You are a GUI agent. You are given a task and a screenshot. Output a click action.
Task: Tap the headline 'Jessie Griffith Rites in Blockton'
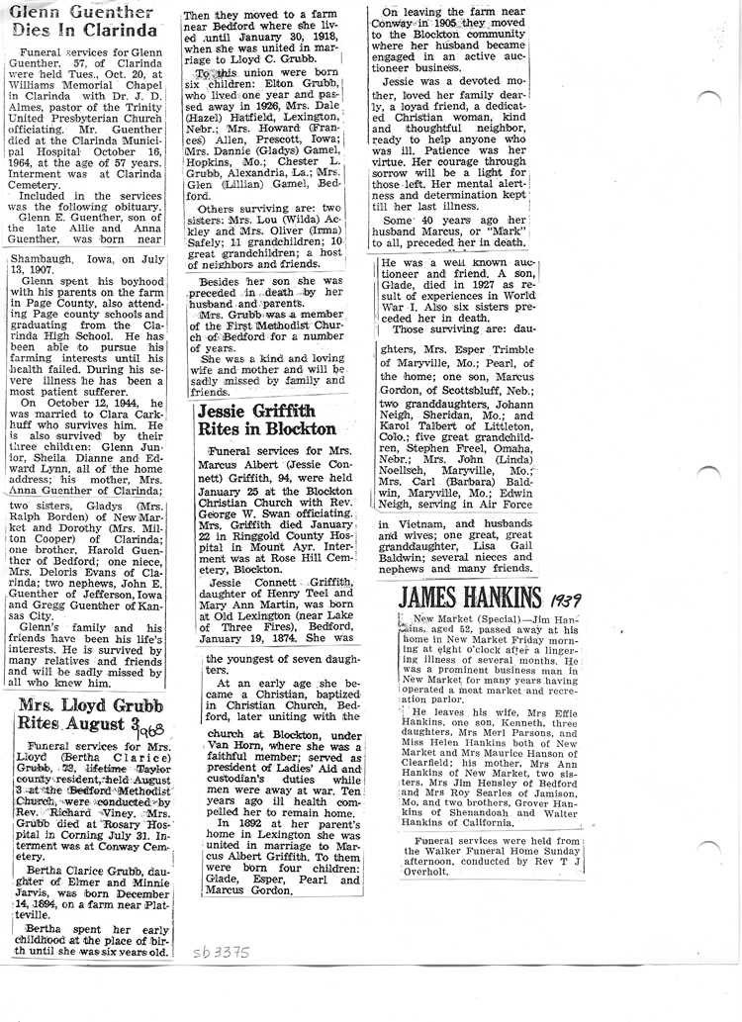(x=266, y=419)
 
